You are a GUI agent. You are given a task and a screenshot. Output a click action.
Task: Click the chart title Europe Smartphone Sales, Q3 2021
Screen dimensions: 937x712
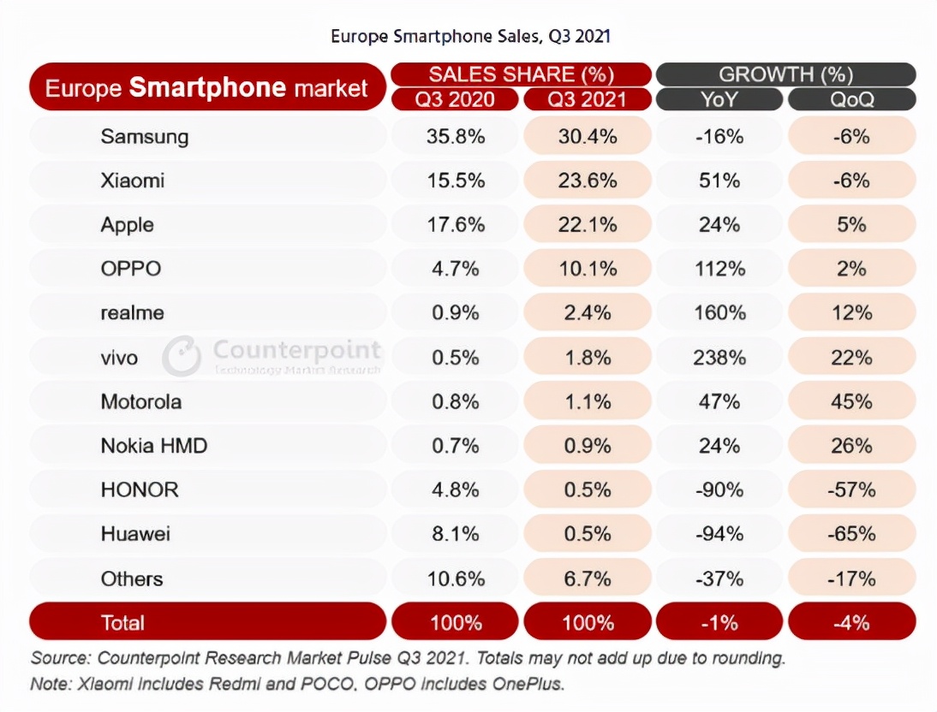(470, 37)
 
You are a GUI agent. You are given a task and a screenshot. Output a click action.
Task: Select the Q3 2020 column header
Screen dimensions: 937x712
(455, 99)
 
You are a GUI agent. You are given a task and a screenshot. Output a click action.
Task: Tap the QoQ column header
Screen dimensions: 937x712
(851, 99)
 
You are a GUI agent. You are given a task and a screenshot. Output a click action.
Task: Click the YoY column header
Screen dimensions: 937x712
(719, 99)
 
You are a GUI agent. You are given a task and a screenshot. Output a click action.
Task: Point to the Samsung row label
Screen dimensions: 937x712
(145, 137)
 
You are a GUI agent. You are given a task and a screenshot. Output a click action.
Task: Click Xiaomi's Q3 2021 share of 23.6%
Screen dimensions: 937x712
(588, 181)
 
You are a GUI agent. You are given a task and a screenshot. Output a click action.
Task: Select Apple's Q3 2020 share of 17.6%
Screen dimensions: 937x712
(456, 224)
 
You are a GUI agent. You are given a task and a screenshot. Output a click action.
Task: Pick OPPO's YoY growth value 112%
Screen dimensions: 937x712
(719, 269)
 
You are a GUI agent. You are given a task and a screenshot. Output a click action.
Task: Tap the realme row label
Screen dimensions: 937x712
(132, 313)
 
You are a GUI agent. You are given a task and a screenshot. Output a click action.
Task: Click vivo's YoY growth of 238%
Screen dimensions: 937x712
(719, 358)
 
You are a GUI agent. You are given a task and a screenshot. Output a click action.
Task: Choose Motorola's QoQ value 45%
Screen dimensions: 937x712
(851, 401)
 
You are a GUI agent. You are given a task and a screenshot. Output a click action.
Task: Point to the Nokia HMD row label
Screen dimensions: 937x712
(154, 446)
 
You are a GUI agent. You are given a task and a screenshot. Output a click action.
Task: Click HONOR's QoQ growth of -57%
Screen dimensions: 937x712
(851, 489)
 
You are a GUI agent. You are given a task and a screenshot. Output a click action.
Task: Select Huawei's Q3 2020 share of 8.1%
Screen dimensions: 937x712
(456, 533)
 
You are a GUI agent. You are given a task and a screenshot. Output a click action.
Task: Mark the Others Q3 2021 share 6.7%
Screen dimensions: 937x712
(588, 578)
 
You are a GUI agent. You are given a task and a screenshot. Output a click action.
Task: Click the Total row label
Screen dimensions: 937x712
(122, 623)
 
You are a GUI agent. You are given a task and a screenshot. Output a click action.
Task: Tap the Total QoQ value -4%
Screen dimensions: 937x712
(851, 623)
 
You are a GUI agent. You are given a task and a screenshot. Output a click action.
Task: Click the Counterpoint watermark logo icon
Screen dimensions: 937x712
(182, 356)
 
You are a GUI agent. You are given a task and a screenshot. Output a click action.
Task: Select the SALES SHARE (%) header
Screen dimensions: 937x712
(521, 74)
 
